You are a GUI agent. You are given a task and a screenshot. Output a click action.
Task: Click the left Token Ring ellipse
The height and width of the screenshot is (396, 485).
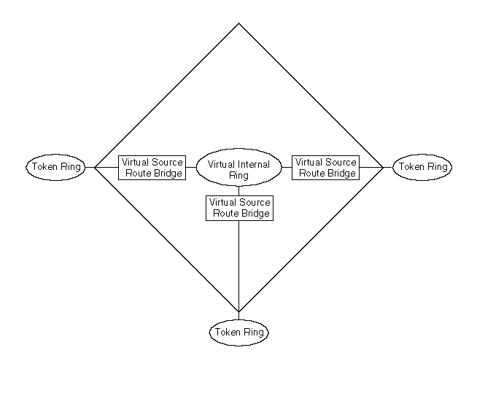point(55,167)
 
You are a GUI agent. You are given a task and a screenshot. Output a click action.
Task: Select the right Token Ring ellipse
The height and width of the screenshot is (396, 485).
point(422,167)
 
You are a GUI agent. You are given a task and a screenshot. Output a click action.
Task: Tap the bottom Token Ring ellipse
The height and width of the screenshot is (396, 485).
point(238,333)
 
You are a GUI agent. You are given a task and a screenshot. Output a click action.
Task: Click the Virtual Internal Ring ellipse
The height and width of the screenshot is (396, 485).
point(238,169)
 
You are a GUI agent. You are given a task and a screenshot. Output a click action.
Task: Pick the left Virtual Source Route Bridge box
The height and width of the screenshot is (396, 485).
point(152,167)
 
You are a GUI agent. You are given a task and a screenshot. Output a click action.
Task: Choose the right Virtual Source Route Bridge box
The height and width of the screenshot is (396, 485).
point(326,167)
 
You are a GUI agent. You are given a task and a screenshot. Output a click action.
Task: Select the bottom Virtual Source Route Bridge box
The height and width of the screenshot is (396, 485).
point(239,208)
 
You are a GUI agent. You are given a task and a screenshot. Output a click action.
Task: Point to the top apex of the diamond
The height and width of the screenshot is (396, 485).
point(238,23)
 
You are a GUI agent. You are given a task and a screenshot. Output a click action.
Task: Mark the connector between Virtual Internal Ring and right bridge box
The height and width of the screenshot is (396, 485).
point(287,167)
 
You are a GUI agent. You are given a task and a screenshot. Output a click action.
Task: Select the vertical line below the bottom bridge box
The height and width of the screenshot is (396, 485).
point(238,263)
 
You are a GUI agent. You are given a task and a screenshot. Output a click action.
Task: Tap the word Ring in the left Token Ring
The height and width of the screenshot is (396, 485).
point(71,167)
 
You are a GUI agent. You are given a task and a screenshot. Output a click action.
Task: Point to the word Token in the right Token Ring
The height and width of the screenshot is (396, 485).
point(411,167)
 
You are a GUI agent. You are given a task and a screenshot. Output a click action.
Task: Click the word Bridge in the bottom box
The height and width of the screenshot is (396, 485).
point(256,214)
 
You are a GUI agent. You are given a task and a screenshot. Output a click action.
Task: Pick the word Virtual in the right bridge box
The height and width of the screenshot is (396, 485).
point(309,162)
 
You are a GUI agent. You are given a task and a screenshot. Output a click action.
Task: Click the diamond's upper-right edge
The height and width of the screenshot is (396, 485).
point(311,95)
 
